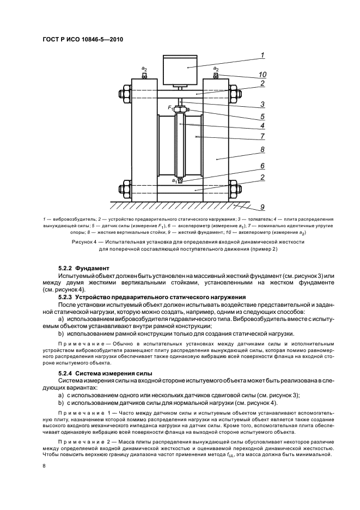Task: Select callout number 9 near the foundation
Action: point(262,207)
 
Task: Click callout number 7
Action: point(262,136)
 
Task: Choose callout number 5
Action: point(262,116)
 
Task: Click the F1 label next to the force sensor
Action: point(170,108)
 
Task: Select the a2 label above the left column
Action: point(144,69)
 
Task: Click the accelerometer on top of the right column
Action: point(216,76)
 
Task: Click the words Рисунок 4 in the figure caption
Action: point(87,240)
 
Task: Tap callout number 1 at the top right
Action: point(262,55)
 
